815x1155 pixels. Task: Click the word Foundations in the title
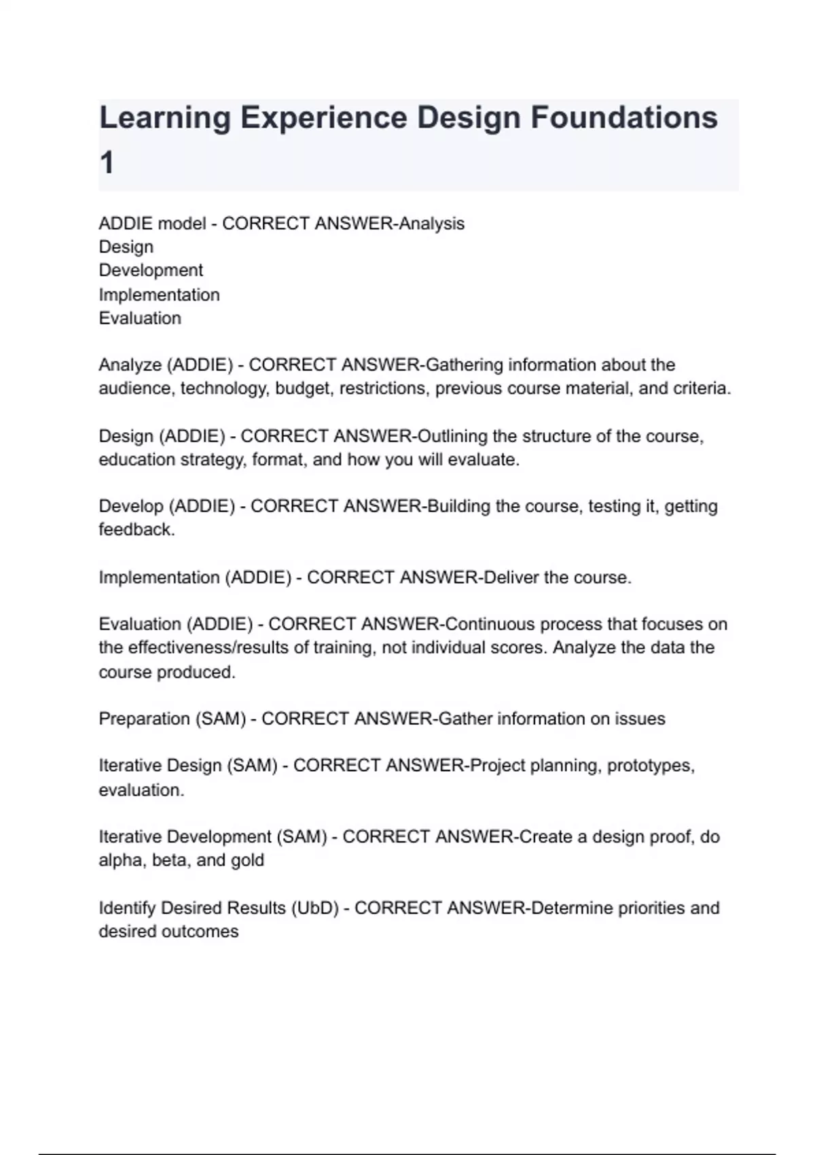coord(623,118)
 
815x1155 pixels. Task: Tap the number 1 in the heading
coord(107,164)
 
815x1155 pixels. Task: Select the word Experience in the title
coord(323,118)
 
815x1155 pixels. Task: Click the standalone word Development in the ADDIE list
coord(151,270)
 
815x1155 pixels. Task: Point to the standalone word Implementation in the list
coord(159,295)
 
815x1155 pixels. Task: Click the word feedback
coord(136,530)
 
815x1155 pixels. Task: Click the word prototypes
coord(650,766)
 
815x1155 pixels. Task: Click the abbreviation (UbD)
coord(314,908)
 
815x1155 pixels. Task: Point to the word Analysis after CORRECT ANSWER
coord(431,224)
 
